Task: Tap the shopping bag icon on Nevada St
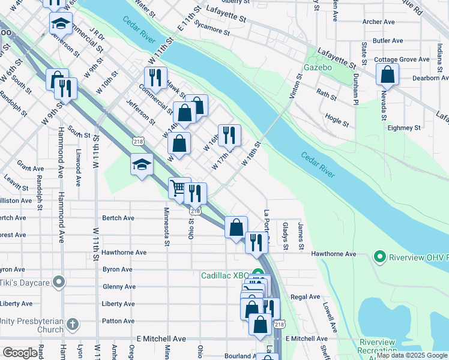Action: (x=387, y=74)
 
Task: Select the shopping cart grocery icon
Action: (x=178, y=188)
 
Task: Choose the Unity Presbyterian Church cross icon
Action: (x=72, y=325)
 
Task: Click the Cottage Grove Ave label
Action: (x=402, y=59)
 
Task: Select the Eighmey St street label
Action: (x=404, y=128)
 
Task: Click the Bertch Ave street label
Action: (x=118, y=218)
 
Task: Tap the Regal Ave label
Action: (x=306, y=296)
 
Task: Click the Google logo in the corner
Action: (x=20, y=353)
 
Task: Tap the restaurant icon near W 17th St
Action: (x=229, y=135)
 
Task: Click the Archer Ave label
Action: (x=378, y=22)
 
